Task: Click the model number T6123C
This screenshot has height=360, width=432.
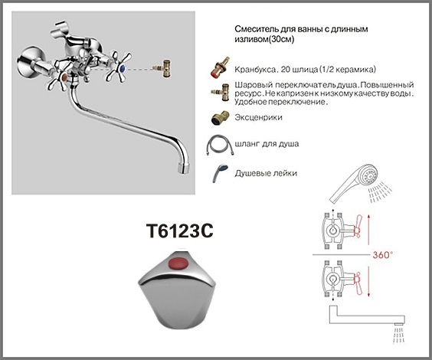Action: (179, 231)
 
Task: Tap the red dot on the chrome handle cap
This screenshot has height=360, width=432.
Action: (178, 263)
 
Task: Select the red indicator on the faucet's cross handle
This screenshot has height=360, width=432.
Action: (64, 77)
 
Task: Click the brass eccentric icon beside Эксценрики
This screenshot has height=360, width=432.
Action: (219, 118)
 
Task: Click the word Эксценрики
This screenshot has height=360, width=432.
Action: (258, 117)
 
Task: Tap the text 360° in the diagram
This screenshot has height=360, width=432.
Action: (381, 254)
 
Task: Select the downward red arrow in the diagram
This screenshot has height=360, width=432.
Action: (368, 281)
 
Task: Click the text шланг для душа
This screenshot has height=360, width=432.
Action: (267, 144)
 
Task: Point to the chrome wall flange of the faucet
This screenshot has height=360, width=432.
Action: (29, 62)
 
